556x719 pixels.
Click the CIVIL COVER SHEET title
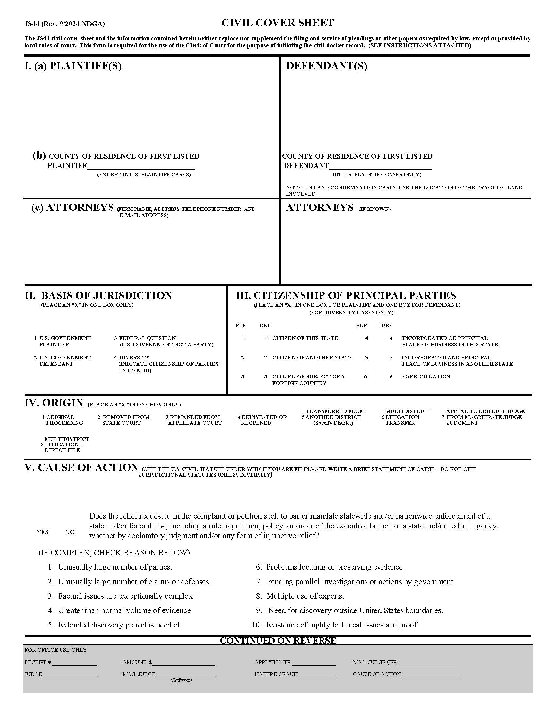click(x=277, y=23)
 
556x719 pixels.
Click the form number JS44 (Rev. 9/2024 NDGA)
click(x=64, y=24)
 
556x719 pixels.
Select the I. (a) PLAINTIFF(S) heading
click(x=73, y=66)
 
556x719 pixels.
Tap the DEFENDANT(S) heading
click(x=326, y=66)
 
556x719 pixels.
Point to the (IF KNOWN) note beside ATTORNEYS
click(x=374, y=209)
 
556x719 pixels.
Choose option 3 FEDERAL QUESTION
click(x=147, y=338)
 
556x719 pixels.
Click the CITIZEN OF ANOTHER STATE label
click(x=312, y=357)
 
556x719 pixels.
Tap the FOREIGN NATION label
click(x=426, y=376)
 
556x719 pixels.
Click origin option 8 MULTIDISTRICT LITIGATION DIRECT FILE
click(x=64, y=444)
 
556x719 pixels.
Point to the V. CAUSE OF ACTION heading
click(x=81, y=467)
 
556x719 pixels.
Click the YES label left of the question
click(x=43, y=532)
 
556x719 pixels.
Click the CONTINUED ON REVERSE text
click(x=278, y=640)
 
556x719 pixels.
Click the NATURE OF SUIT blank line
click(x=317, y=674)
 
